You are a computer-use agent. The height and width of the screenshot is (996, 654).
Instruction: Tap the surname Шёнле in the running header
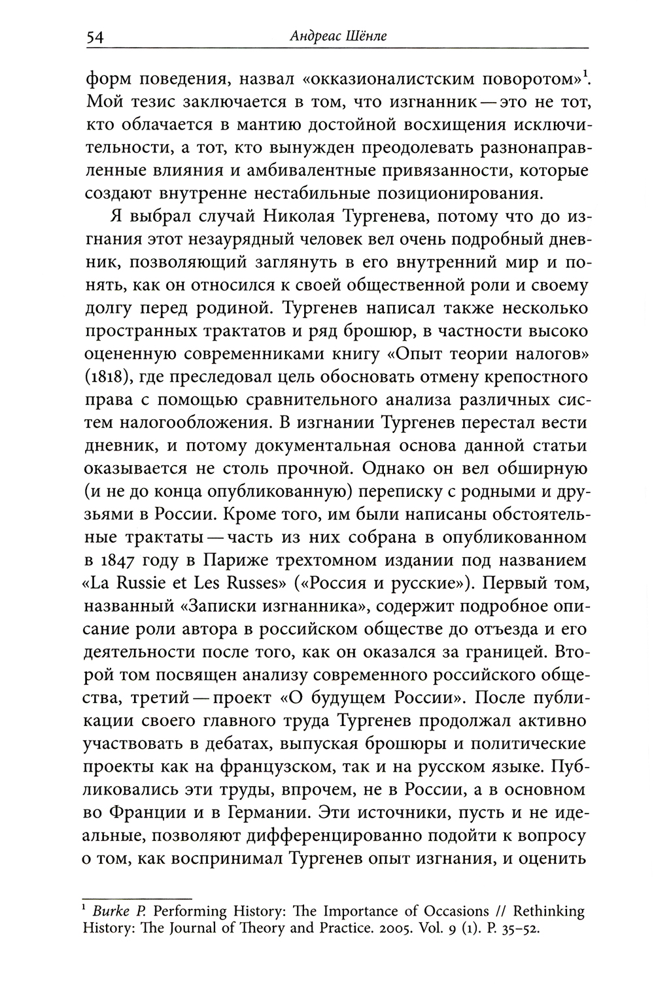click(365, 37)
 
